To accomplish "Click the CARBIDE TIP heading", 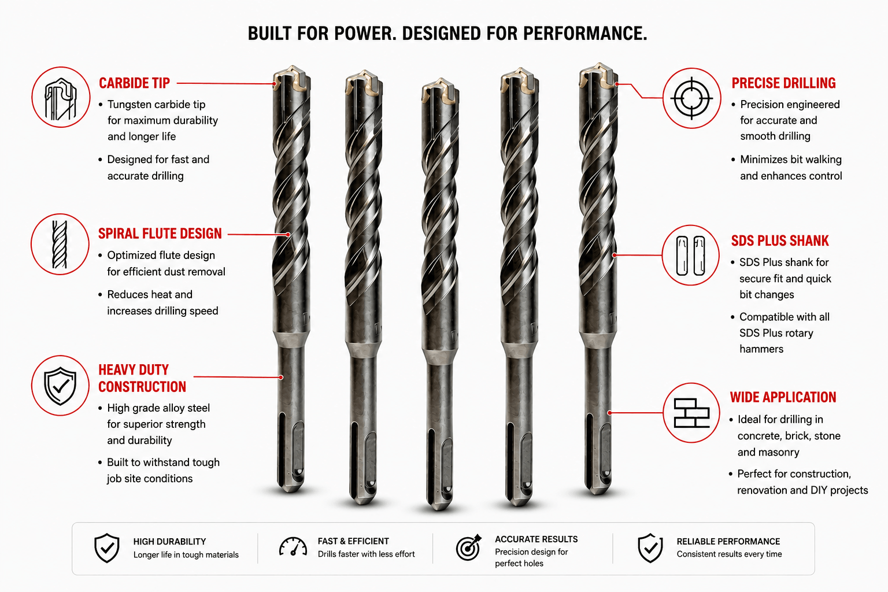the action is click(134, 83).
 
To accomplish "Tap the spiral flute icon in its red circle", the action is click(60, 244).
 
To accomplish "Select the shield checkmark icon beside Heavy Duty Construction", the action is click(60, 386).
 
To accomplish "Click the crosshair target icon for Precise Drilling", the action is click(692, 98).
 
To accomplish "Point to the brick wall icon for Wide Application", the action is click(692, 413).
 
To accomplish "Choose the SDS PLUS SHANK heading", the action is click(780, 240).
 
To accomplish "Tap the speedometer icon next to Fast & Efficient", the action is click(293, 547).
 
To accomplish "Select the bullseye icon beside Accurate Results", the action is click(469, 547).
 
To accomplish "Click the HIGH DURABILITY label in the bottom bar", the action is click(169, 542).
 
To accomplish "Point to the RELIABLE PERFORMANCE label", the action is click(728, 542).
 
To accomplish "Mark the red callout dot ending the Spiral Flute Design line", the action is click(288, 235).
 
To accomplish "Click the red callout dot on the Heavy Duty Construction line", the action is click(280, 377).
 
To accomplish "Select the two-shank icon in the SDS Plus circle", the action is click(691, 256).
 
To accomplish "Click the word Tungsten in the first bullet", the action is click(129, 105).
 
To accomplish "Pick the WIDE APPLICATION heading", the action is click(783, 397).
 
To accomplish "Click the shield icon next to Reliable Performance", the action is click(650, 548).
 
